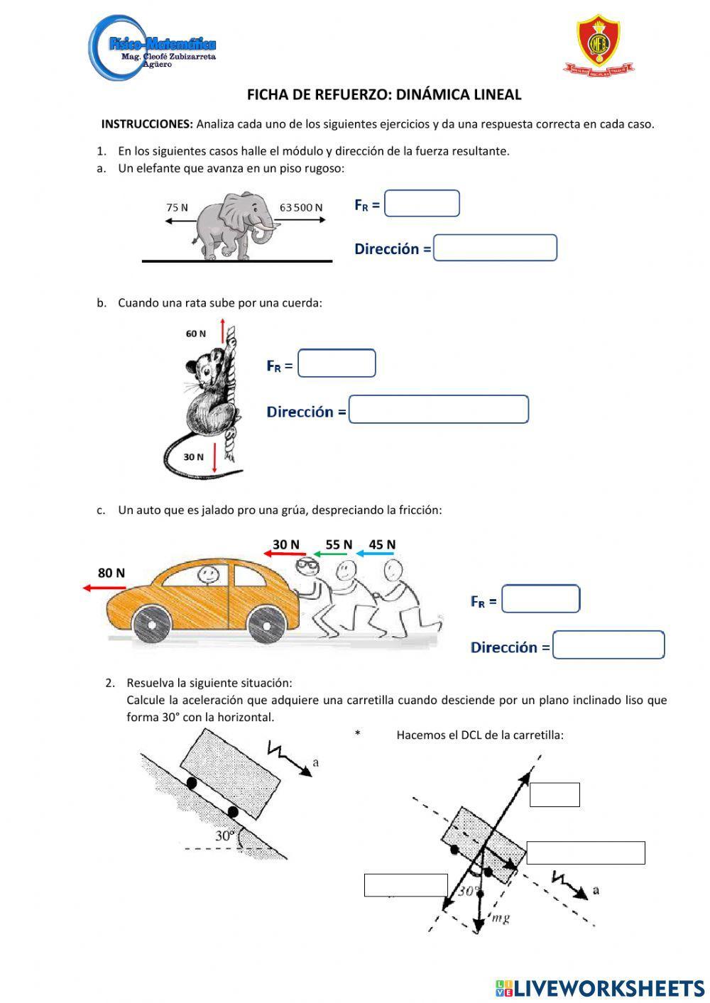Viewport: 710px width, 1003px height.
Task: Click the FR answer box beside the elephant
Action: (x=422, y=204)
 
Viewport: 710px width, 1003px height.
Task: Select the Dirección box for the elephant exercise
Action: (x=495, y=248)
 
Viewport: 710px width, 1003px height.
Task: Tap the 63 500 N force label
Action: (x=301, y=207)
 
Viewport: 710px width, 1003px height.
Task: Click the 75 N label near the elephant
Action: (x=177, y=207)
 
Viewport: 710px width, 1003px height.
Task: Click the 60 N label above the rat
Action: (x=196, y=334)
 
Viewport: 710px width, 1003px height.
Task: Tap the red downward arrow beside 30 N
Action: (x=214, y=457)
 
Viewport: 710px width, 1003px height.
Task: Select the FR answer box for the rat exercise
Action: (x=337, y=363)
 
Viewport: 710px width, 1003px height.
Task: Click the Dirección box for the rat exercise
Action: (x=439, y=410)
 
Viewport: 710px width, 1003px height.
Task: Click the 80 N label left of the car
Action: (x=111, y=573)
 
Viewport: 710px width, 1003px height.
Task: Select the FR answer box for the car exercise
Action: (x=540, y=599)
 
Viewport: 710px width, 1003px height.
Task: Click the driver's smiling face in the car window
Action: (x=207, y=574)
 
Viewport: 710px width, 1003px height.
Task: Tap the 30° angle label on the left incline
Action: (x=224, y=835)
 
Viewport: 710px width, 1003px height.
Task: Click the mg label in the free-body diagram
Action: (x=501, y=918)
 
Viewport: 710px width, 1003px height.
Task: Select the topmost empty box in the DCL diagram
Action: (x=555, y=794)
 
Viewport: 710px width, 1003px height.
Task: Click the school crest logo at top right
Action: (x=599, y=44)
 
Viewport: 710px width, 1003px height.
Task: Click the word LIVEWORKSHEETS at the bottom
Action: (x=608, y=987)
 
